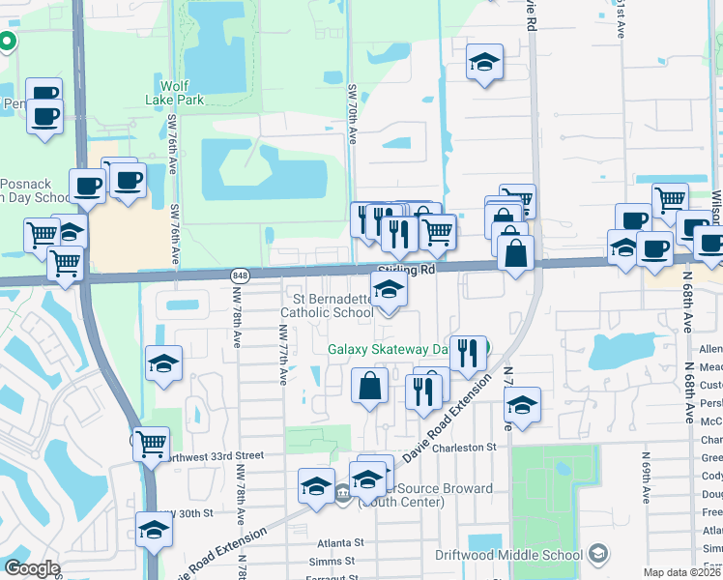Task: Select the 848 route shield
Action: tap(239, 276)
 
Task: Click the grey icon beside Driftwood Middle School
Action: tap(598, 554)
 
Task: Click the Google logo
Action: tap(32, 568)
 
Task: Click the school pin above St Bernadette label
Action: tap(389, 291)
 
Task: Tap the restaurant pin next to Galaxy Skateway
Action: tap(468, 355)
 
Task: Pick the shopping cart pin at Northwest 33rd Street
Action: tap(150, 443)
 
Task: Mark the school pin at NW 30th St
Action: tap(153, 529)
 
